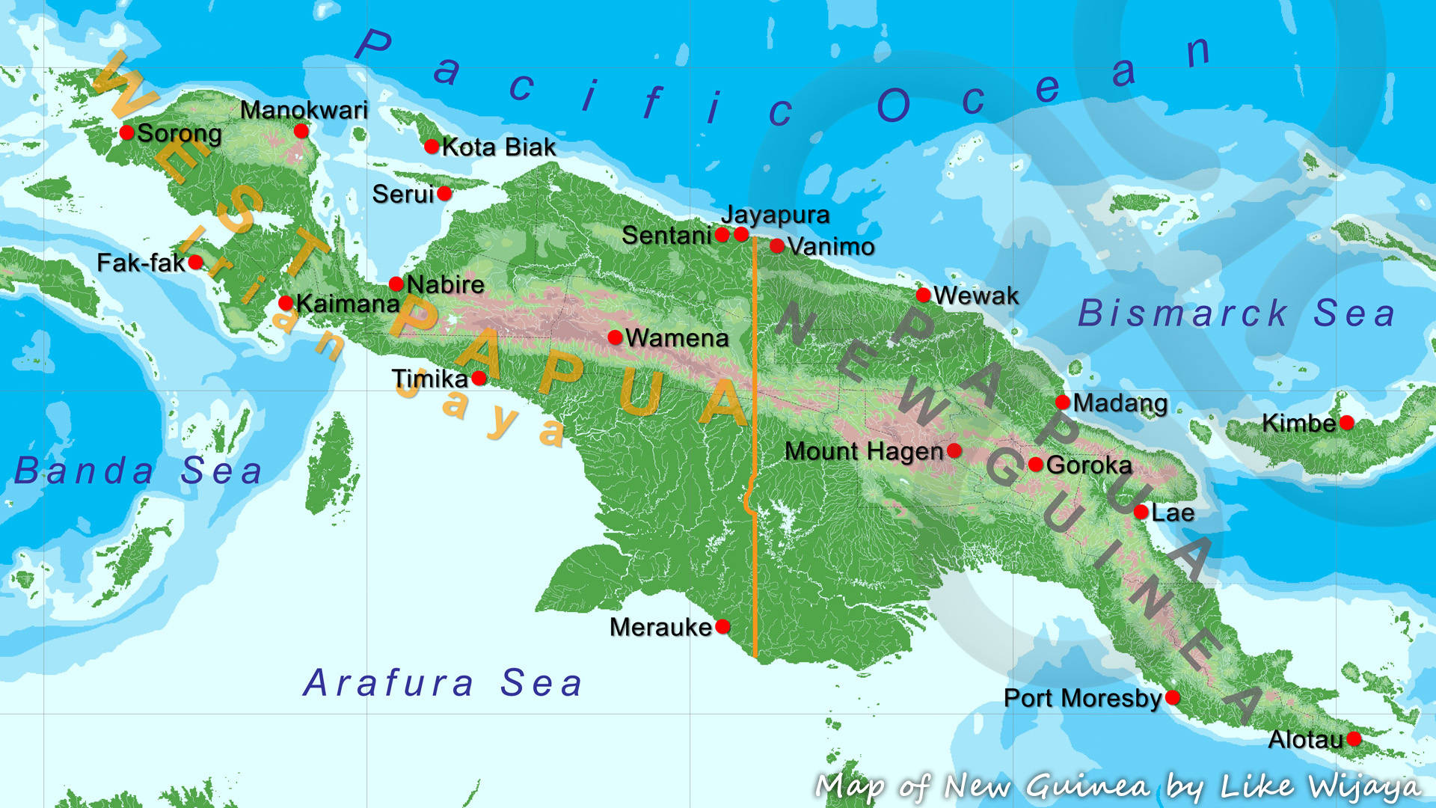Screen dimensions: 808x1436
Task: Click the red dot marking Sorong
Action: click(x=126, y=132)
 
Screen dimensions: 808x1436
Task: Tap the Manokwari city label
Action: click(x=304, y=111)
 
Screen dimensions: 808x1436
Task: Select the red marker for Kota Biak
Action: click(x=432, y=146)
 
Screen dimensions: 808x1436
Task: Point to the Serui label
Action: click(x=403, y=195)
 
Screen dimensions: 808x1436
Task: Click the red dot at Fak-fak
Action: click(x=195, y=262)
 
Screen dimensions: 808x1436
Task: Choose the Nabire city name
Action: click(x=446, y=284)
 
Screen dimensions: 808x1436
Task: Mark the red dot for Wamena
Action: click(x=615, y=337)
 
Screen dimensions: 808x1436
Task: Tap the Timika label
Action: click(x=430, y=379)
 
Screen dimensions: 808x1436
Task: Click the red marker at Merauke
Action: click(x=722, y=626)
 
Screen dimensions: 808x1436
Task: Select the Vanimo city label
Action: click(x=831, y=246)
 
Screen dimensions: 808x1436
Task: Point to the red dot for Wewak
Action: click(x=924, y=295)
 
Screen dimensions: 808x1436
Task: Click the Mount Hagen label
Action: click(x=864, y=451)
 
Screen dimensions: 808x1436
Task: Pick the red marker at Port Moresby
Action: click(x=1173, y=697)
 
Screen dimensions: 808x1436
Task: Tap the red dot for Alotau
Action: click(x=1354, y=739)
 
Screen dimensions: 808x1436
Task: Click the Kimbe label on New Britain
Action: click(x=1298, y=423)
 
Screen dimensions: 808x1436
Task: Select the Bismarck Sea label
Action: click(x=1236, y=313)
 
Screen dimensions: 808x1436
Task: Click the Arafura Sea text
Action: click(x=443, y=683)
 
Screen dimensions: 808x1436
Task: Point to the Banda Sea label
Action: click(x=138, y=471)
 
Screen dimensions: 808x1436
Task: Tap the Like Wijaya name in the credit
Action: click(x=1320, y=786)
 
